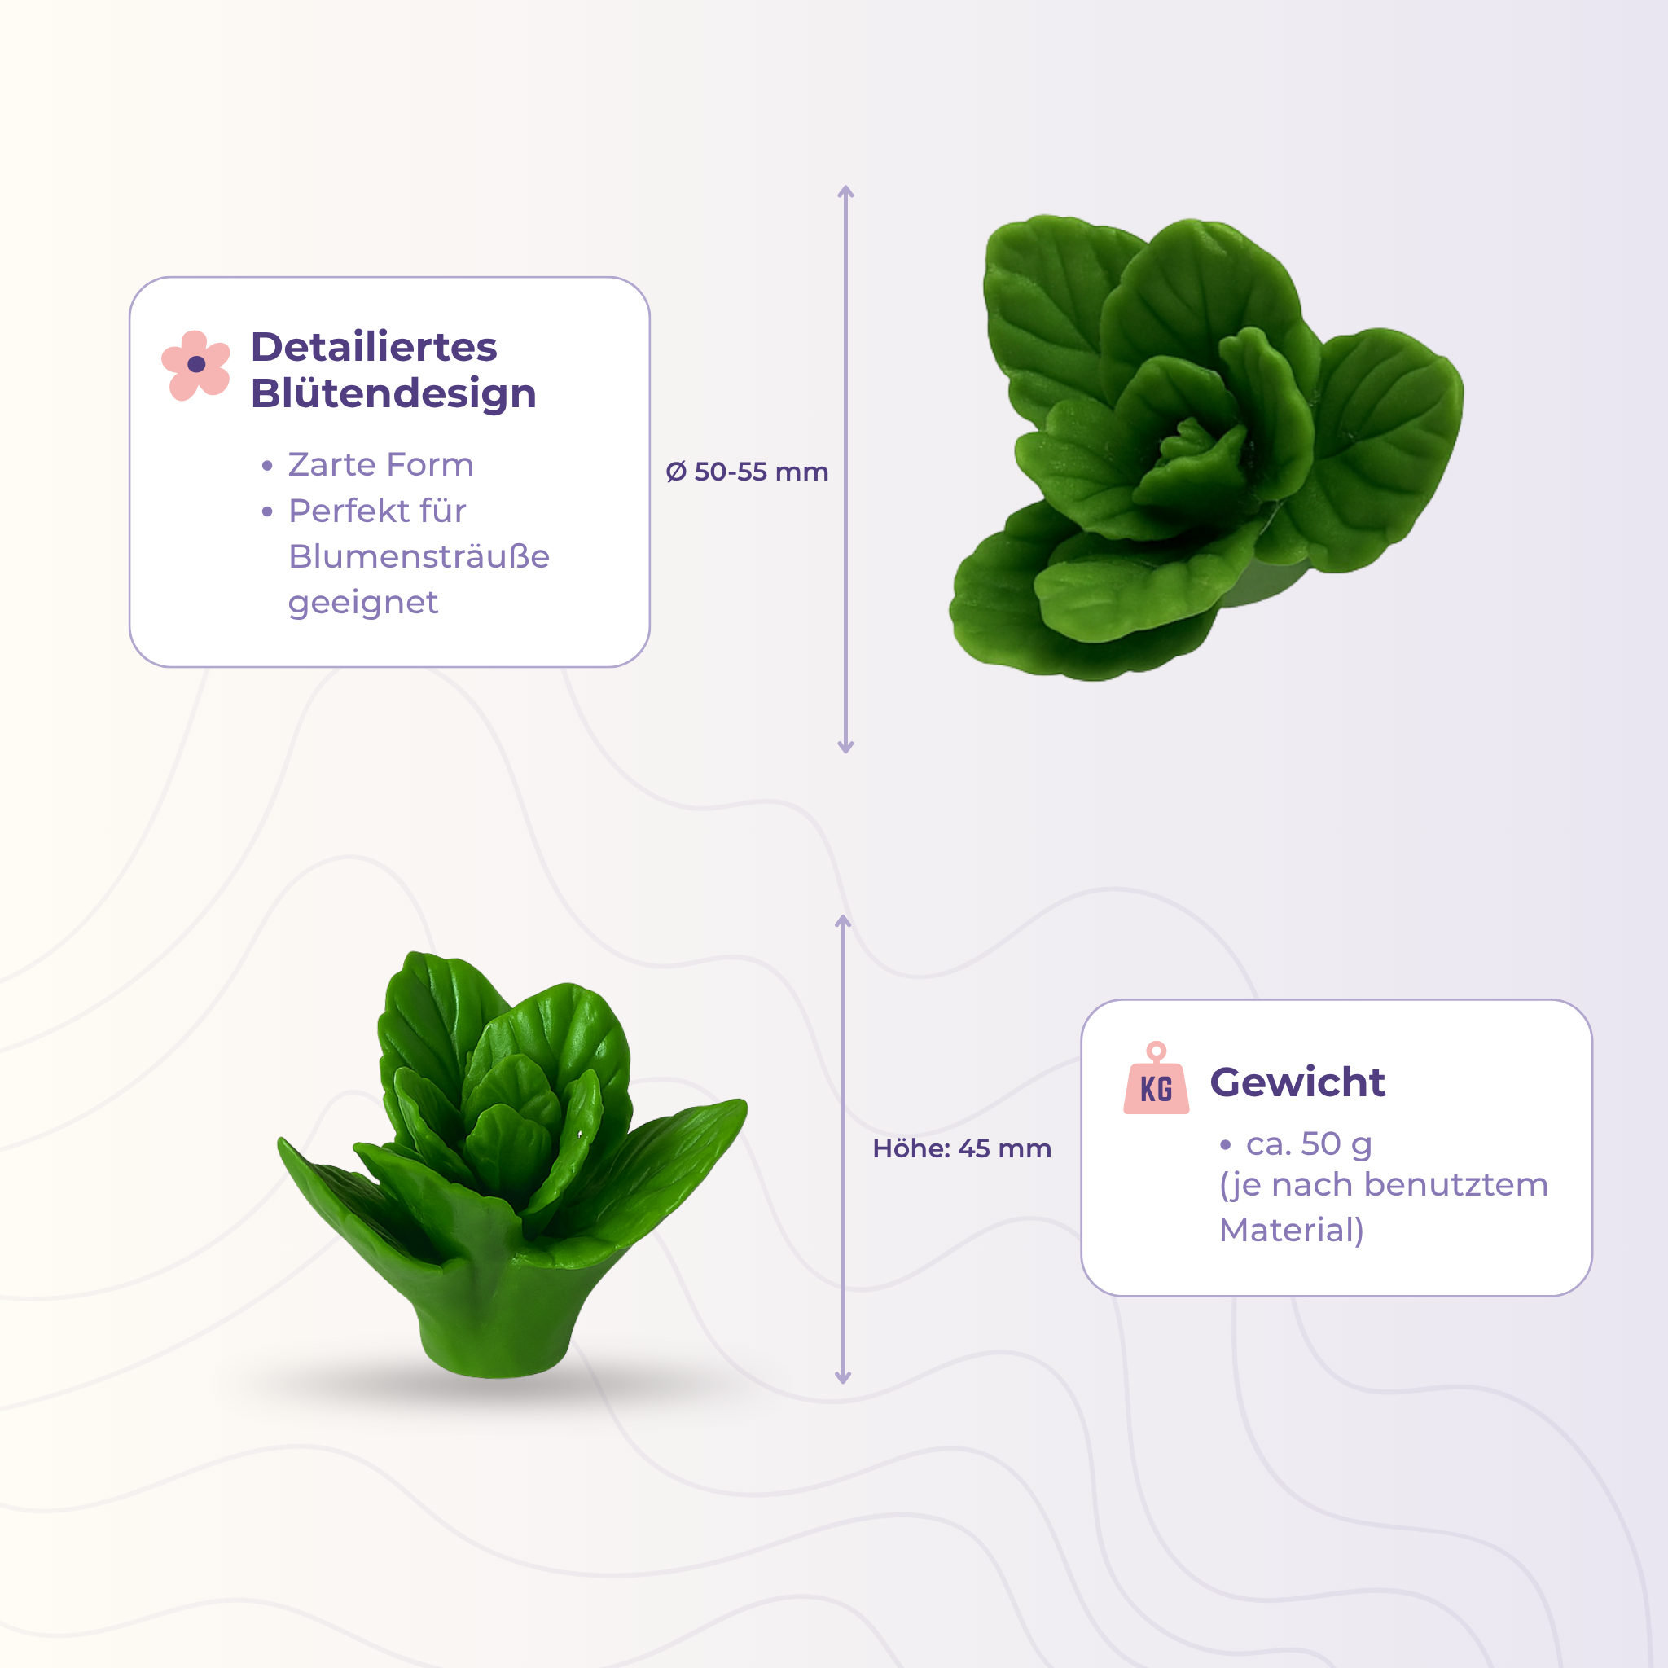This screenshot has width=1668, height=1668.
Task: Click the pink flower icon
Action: (x=196, y=365)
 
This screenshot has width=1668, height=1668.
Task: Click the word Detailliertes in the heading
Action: (x=374, y=347)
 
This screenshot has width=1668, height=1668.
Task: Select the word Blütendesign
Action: (x=393, y=393)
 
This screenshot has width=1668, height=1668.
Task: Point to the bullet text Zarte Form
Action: (x=380, y=464)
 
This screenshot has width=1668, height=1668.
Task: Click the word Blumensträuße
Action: (x=419, y=556)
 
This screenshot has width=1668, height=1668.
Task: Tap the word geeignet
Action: (x=362, y=603)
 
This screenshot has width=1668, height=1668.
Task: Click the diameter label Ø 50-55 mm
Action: (x=747, y=472)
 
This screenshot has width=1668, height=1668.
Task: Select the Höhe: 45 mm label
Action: (x=962, y=1148)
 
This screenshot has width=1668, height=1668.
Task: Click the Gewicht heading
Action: (x=1297, y=1083)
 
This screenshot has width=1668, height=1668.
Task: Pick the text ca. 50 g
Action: (x=1309, y=1144)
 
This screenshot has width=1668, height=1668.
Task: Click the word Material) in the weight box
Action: (x=1292, y=1231)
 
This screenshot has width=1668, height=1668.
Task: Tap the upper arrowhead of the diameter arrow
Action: (x=846, y=192)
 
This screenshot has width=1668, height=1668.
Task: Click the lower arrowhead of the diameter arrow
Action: (x=846, y=746)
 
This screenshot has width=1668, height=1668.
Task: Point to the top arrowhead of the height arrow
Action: (x=844, y=923)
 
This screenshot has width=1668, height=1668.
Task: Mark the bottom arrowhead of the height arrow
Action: (x=844, y=1376)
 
